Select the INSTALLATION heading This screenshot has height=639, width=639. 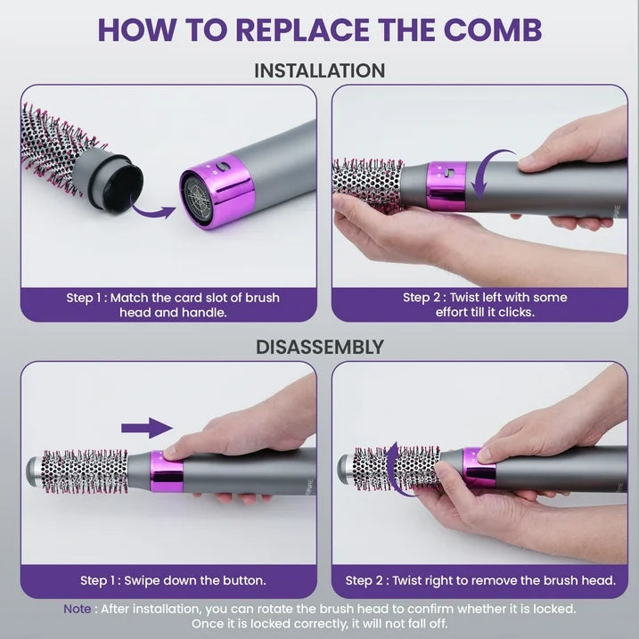(319, 70)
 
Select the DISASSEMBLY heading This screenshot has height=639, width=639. (319, 347)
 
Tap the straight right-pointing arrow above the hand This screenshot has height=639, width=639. (147, 428)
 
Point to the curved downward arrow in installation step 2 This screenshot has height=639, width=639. (486, 174)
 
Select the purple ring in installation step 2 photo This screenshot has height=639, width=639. (447, 187)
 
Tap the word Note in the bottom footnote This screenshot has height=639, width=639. (76, 609)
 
